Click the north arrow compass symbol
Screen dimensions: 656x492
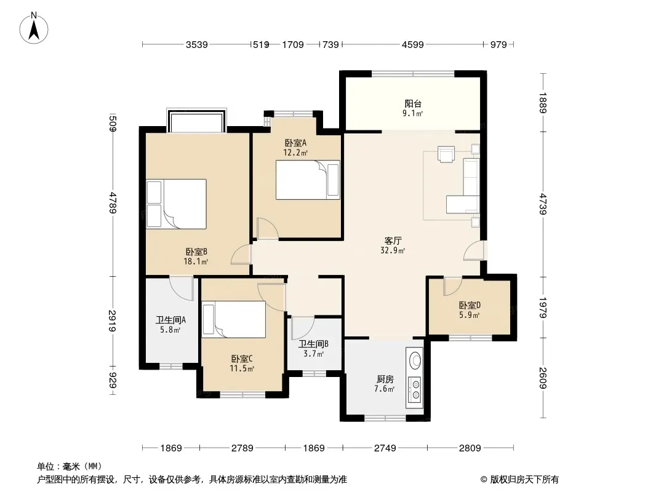point(34,28)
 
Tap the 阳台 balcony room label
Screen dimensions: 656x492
point(413,104)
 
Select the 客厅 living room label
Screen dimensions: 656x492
point(393,241)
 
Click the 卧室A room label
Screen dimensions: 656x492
point(296,143)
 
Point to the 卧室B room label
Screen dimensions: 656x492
point(196,252)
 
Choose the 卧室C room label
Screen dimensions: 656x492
point(242,359)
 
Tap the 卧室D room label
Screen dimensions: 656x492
point(470,305)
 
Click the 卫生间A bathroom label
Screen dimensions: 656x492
point(170,320)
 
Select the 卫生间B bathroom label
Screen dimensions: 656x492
point(313,344)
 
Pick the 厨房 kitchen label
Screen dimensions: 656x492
point(385,379)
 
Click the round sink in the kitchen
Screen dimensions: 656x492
point(415,361)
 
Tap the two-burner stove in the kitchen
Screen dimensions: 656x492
point(415,388)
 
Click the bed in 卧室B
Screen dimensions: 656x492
point(177,204)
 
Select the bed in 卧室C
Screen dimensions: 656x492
point(234,319)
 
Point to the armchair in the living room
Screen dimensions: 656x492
point(446,153)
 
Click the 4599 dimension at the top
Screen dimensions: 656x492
point(412,44)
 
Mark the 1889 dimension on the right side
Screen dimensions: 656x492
point(543,103)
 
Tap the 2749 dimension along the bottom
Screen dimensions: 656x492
point(385,448)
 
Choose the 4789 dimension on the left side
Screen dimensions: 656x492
point(112,203)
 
